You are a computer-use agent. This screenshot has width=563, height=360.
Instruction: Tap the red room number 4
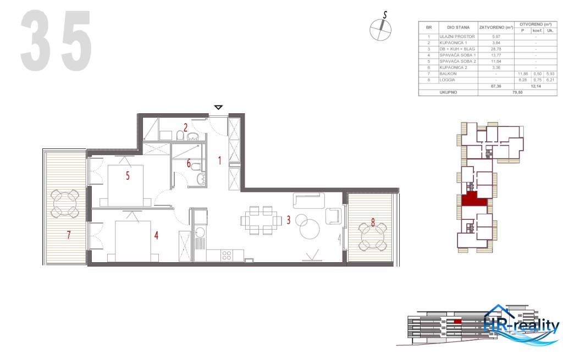click(x=156, y=235)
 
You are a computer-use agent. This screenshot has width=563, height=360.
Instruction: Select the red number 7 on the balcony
click(x=69, y=235)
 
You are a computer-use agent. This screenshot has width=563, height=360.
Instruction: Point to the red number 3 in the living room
click(x=288, y=220)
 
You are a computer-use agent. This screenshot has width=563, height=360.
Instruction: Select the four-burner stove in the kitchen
click(x=225, y=256)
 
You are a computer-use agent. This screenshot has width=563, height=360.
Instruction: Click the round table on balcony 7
click(x=65, y=203)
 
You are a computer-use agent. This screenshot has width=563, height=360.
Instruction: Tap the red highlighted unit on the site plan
click(x=473, y=200)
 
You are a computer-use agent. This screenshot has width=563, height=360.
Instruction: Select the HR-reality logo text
click(x=521, y=326)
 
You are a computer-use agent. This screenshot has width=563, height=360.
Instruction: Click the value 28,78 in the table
click(x=496, y=49)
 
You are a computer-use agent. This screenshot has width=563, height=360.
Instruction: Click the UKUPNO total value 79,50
click(x=517, y=92)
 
